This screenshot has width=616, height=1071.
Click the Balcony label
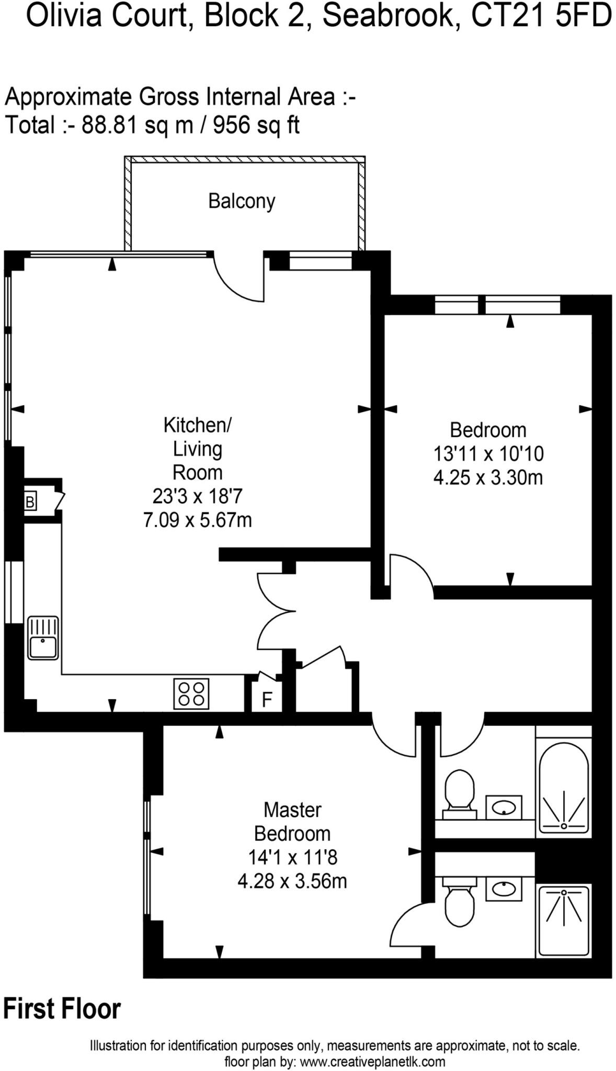click(242, 201)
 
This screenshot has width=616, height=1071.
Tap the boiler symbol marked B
click(30, 502)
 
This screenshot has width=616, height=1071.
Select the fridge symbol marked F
click(267, 699)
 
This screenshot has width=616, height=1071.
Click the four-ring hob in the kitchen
click(191, 693)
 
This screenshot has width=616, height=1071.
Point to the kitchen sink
click(43, 638)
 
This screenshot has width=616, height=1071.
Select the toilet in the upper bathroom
click(459, 793)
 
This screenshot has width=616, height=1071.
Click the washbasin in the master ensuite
click(504, 888)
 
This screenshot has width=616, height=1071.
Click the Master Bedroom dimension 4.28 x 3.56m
click(292, 881)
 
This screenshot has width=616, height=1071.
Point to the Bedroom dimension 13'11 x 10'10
click(488, 453)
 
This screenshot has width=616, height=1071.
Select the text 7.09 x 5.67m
click(198, 520)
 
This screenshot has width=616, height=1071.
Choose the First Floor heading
click(62, 1008)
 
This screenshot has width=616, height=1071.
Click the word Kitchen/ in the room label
click(198, 425)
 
